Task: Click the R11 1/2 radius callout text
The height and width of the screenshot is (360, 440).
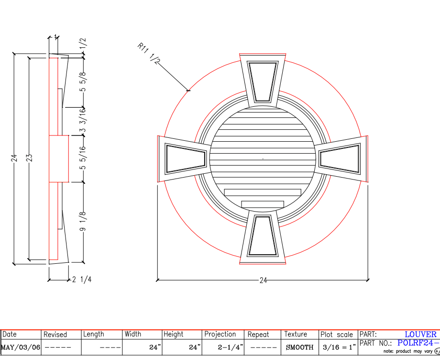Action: (x=149, y=54)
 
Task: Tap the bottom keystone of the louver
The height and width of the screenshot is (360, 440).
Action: (x=262, y=236)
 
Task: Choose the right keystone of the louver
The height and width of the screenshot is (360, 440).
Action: (x=341, y=158)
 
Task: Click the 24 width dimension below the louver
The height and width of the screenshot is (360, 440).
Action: (x=263, y=281)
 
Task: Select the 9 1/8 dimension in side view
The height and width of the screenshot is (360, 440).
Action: (x=83, y=223)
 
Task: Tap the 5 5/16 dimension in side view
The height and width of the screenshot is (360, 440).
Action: (x=83, y=158)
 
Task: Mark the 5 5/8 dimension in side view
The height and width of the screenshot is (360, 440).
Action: (x=83, y=82)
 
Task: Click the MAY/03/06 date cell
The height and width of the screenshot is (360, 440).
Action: (x=21, y=347)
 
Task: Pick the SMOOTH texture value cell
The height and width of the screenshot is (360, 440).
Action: (x=299, y=347)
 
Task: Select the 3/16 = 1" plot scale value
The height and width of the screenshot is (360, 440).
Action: (x=338, y=347)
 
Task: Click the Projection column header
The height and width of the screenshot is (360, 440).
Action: (x=220, y=335)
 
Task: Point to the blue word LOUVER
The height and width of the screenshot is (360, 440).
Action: (x=420, y=335)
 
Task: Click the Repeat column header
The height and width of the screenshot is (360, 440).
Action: (x=258, y=335)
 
